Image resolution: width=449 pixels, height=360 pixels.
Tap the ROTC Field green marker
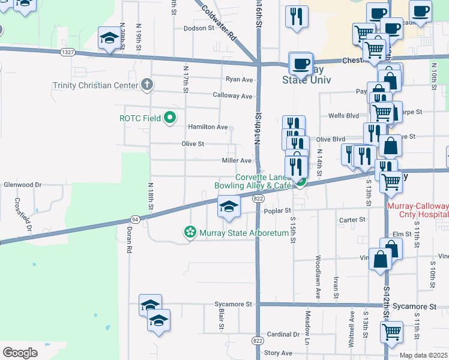click(x=170, y=118)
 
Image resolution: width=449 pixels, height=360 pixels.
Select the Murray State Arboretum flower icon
click(x=190, y=232)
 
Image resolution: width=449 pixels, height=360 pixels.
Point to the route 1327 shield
click(x=67, y=52)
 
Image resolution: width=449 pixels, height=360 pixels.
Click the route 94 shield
click(x=134, y=220)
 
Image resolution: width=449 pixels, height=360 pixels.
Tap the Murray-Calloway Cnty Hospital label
click(x=418, y=210)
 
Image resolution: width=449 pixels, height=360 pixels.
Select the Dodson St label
click(x=199, y=28)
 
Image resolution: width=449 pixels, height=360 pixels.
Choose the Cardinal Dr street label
click(x=283, y=334)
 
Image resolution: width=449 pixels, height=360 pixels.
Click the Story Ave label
click(x=278, y=353)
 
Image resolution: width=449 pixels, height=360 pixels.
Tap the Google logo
click(x=20, y=353)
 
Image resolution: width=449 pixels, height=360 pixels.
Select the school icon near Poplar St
click(x=228, y=208)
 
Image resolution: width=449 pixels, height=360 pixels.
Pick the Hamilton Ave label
click(x=208, y=127)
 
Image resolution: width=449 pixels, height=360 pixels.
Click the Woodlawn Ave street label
click(x=316, y=277)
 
